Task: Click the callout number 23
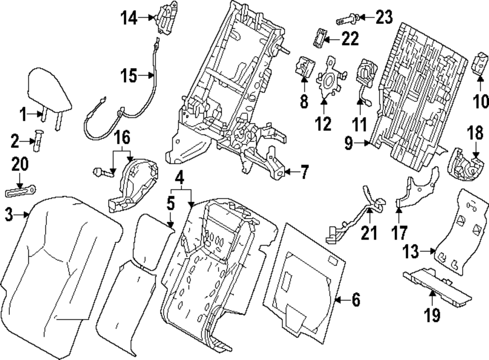pyautogui.click(x=384, y=18)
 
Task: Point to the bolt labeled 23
pyautogui.click(x=348, y=20)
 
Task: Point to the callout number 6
pyautogui.click(x=355, y=300)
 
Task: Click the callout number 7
pyautogui.click(x=304, y=172)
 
